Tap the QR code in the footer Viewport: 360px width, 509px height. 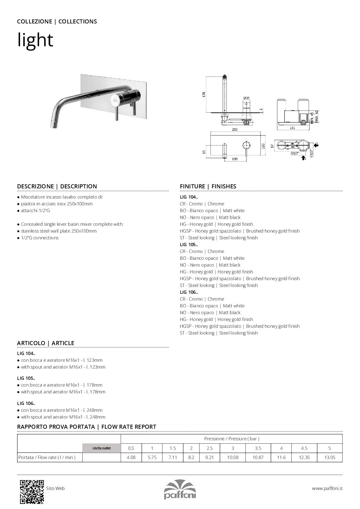[32, 491]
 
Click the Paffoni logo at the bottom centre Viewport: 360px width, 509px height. [180, 490]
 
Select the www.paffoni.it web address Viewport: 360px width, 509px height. [327, 488]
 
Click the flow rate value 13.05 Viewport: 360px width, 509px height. [329, 457]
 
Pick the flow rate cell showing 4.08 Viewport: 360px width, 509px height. [131, 457]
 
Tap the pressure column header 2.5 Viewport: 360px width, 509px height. [209, 448]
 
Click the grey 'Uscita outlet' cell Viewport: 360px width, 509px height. [102, 448]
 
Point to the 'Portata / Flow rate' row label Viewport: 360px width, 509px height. [47, 457]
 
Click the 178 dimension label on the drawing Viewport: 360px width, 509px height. [204, 94]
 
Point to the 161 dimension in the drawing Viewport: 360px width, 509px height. [292, 128]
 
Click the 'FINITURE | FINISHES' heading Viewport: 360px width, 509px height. [208, 186]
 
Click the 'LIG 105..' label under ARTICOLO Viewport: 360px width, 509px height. [26, 378]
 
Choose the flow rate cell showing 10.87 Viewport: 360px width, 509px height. [258, 457]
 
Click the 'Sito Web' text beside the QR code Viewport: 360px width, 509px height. [55, 488]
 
